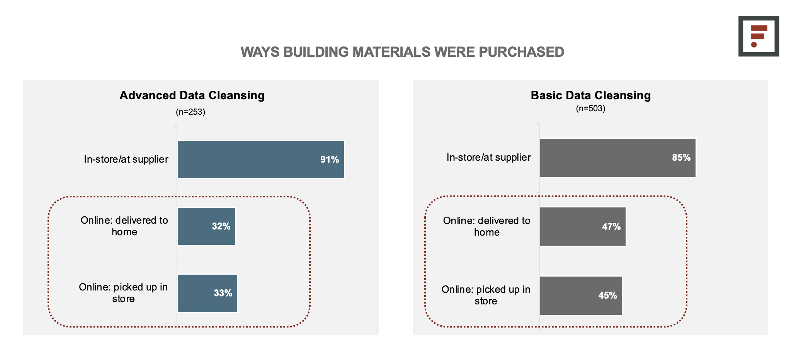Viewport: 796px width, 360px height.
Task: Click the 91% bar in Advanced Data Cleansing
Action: coord(261,160)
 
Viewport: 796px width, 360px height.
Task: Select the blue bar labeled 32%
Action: coord(207,226)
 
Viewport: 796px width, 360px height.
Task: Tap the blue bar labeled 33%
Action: coord(208,293)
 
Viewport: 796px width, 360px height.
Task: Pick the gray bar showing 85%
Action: coord(618,158)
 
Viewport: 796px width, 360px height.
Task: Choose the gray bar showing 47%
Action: coord(583,226)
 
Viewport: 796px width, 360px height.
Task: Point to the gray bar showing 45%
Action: coord(581,295)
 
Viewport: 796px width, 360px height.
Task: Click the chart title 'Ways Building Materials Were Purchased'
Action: coord(402,52)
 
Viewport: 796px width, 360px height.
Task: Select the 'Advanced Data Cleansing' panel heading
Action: coord(192,95)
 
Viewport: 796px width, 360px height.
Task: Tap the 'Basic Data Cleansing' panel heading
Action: coord(590,95)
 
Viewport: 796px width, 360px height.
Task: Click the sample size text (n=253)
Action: coord(190,112)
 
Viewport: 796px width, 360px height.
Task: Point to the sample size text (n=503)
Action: coord(590,109)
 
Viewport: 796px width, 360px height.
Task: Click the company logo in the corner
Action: coord(759,36)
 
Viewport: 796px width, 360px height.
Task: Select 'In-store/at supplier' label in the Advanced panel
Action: coord(126,159)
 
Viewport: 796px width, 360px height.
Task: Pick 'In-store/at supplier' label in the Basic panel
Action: coord(489,157)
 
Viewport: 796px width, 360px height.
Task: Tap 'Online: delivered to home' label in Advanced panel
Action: coord(124,226)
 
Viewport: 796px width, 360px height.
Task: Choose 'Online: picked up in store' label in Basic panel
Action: coord(486,295)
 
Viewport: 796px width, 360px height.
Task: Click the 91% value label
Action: coord(330,160)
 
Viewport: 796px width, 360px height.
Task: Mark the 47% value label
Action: coord(611,227)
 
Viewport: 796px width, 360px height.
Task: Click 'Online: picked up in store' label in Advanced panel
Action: coord(123,293)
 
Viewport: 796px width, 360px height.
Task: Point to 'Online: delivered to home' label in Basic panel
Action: coord(487,226)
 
